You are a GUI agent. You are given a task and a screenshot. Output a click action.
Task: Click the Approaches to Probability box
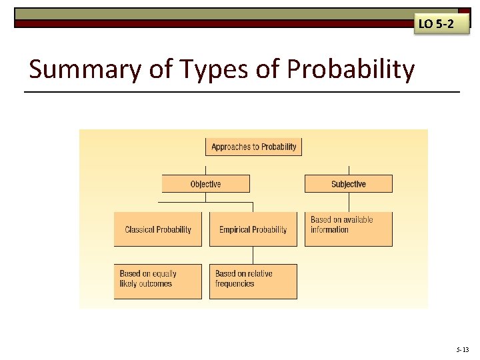[253, 147]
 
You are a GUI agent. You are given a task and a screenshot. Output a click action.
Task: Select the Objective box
[205, 184]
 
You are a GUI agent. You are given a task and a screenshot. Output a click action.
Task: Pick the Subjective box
[348, 184]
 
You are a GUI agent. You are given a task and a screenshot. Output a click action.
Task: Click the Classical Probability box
[157, 229]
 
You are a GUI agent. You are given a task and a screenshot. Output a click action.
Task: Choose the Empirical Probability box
[253, 229]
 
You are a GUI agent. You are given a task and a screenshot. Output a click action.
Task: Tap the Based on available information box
[348, 229]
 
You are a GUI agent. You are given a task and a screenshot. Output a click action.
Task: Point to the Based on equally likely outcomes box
[157, 281]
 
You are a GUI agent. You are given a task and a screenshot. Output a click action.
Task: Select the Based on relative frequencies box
[253, 281]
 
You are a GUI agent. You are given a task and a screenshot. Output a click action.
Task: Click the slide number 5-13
[463, 349]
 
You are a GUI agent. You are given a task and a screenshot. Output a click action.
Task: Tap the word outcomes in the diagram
[156, 284]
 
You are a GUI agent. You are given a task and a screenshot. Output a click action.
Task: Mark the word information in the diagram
[329, 230]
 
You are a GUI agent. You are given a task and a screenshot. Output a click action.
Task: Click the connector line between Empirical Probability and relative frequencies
[253, 255]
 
